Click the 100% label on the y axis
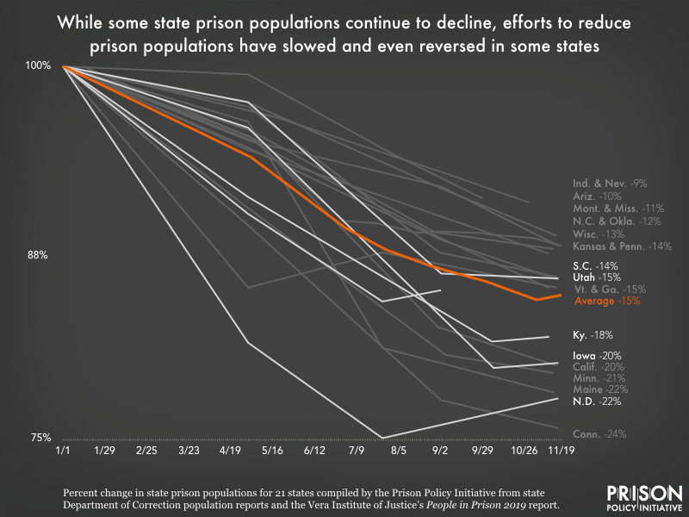coord(40,65)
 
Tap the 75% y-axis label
coord(41,437)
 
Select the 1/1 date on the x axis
coord(63,451)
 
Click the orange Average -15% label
coord(606,302)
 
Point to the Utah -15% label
coord(596,278)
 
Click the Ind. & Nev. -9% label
coord(609,184)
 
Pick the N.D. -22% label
coord(597,401)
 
